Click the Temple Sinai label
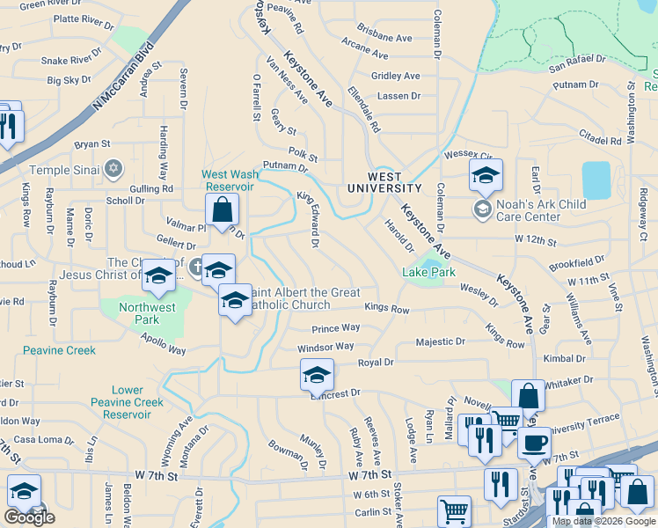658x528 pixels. point(67,170)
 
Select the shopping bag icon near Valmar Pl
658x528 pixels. point(223,211)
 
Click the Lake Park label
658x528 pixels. point(429,272)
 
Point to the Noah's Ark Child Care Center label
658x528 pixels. point(530,210)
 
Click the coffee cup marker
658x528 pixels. point(533,444)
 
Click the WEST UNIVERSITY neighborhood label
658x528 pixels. point(384,182)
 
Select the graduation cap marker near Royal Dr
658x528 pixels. point(317,376)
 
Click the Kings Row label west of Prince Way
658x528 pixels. point(387,310)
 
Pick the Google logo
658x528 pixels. point(29,517)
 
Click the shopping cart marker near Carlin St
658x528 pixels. point(454,511)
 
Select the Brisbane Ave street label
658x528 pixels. point(391,39)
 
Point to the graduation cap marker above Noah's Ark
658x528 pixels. point(485,176)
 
